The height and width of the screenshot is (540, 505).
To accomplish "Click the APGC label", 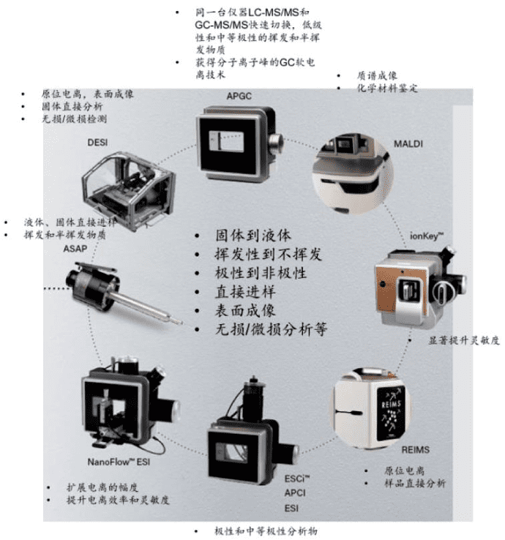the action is click(x=239, y=96).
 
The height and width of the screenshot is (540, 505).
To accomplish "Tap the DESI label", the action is click(x=97, y=142).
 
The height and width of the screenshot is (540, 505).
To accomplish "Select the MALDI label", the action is click(x=408, y=143).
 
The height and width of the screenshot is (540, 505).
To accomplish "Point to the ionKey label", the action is click(x=427, y=236).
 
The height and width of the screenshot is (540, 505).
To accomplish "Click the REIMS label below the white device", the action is click(x=416, y=450).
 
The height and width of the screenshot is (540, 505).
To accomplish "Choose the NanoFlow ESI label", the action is click(x=119, y=462).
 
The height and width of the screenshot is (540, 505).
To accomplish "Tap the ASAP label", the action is click(x=75, y=248).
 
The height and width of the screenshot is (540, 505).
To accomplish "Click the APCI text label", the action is click(x=295, y=493).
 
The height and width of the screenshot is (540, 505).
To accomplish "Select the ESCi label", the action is click(x=297, y=479).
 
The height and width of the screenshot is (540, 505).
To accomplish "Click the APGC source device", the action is click(x=239, y=143).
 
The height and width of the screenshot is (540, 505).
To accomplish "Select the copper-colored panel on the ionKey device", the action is click(x=388, y=289).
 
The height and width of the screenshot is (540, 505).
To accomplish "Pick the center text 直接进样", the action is click(x=245, y=292).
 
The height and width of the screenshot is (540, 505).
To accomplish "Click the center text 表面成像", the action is click(x=245, y=311).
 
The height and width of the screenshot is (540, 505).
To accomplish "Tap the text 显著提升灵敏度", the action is click(x=464, y=340).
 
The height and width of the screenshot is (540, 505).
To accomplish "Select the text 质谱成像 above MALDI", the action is click(x=377, y=75).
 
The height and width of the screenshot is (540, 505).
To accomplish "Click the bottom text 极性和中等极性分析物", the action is click(x=266, y=531).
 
